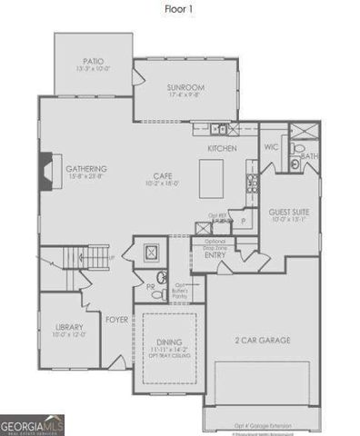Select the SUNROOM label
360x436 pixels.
[x=185, y=88]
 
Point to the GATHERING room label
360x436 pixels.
[x=86, y=169]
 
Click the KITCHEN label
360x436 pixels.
[x=222, y=147]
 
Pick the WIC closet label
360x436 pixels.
[x=270, y=145]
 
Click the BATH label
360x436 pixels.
[x=309, y=156]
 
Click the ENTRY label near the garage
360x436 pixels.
[x=215, y=254]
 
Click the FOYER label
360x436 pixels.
[x=116, y=320]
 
